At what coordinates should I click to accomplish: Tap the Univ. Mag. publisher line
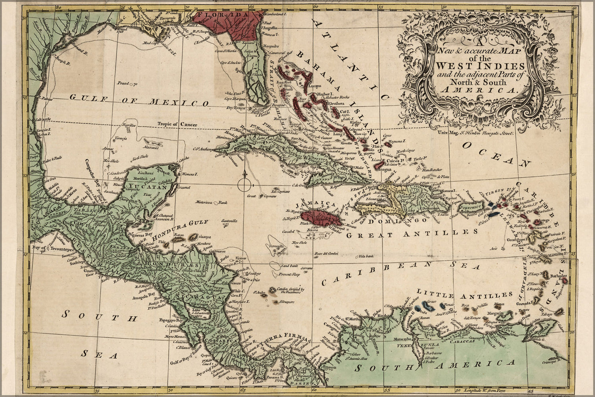coord(476,134)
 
